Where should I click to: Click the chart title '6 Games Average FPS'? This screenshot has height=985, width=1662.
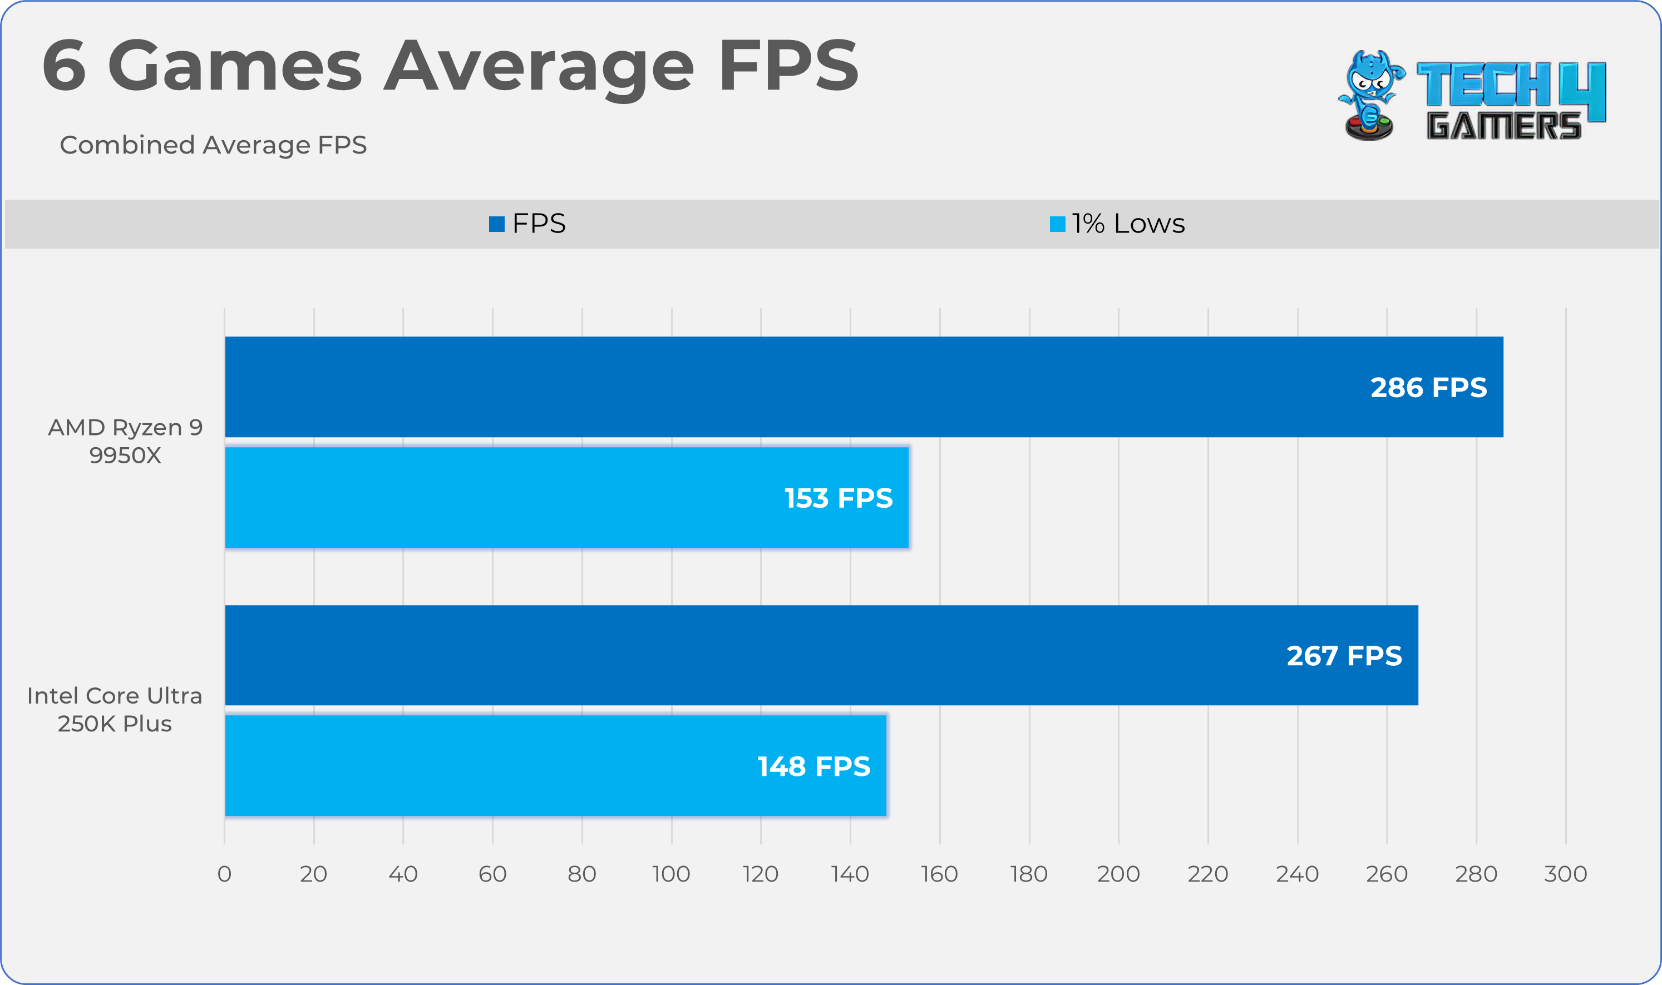click(x=450, y=66)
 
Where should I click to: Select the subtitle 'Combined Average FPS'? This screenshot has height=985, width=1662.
click(x=213, y=145)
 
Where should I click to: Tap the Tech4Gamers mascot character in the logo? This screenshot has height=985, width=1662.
click(x=1369, y=95)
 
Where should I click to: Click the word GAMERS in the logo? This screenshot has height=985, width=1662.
click(x=1503, y=126)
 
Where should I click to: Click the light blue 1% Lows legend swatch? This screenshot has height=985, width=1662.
click(x=1057, y=224)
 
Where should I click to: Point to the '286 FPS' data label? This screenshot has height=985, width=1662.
click(x=1428, y=388)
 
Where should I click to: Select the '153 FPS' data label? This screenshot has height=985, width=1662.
click(x=838, y=498)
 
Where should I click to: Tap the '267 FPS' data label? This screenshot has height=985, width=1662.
click(x=1344, y=656)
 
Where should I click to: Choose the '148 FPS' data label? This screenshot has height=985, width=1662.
click(x=813, y=766)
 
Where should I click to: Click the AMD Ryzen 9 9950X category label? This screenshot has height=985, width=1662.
click(x=126, y=442)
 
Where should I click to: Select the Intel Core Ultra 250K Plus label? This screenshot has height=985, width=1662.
click(x=115, y=710)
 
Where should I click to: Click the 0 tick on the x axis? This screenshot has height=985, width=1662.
click(x=224, y=874)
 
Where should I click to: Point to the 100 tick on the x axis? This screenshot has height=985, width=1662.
click(x=671, y=874)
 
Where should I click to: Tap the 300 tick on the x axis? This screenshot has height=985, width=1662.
click(x=1565, y=874)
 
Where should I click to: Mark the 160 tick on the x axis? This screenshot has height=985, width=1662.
click(x=940, y=874)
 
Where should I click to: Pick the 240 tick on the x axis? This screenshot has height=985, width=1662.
click(x=1298, y=874)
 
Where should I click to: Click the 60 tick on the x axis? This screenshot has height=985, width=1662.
click(x=492, y=874)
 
